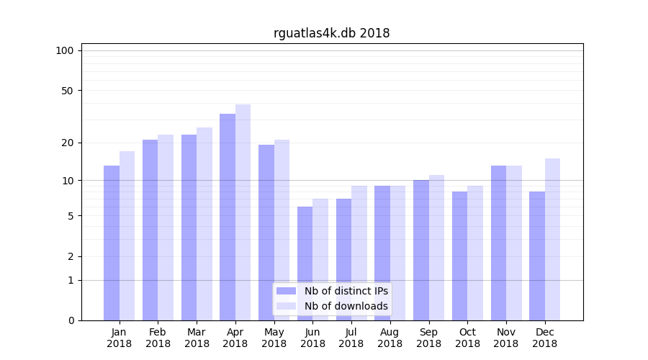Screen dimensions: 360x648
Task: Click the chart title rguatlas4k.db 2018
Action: coord(331,33)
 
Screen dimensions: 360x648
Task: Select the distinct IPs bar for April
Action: coord(228,217)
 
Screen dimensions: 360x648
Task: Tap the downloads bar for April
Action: coord(243,212)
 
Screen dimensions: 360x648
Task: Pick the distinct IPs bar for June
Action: coord(305,264)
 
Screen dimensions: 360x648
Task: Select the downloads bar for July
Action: coord(359,253)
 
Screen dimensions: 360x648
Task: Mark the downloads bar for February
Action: coord(166,228)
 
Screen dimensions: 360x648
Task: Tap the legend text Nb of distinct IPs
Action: coord(346,291)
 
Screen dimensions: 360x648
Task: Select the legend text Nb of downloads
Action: coord(346,306)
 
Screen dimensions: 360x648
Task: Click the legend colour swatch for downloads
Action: coord(287,306)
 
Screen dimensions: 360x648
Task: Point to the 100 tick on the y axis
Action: coord(65,50)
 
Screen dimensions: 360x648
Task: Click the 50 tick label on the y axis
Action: coord(67,91)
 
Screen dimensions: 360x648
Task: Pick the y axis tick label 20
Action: coord(67,143)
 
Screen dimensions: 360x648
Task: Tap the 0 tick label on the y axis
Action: coord(71,320)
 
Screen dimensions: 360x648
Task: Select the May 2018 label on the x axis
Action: coord(274,338)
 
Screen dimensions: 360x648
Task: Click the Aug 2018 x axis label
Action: coord(390,338)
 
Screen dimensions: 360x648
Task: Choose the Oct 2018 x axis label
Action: coord(467,338)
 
